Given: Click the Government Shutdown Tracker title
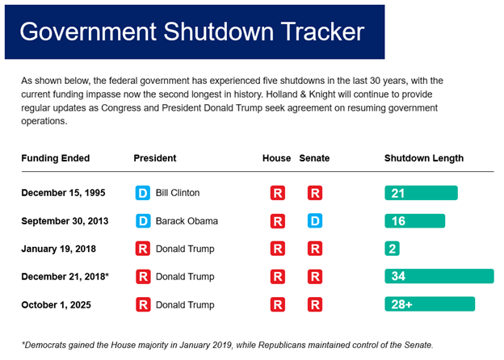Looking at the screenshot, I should pyautogui.click(x=191, y=31).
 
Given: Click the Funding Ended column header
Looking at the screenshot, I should pyautogui.click(x=55, y=158).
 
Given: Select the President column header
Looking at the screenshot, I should pyautogui.click(x=154, y=158).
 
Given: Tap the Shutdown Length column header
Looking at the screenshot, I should pyautogui.click(x=423, y=158).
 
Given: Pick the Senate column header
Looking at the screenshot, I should pyautogui.click(x=314, y=158).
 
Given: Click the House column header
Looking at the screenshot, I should pyautogui.click(x=276, y=158).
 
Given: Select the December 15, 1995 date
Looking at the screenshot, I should pyautogui.click(x=62, y=193).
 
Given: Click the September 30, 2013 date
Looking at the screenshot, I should pyautogui.click(x=64, y=220).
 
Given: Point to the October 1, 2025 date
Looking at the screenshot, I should pyautogui.click(x=54, y=304).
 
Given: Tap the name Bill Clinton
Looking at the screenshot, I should pyautogui.click(x=177, y=193).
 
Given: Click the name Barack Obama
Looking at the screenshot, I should pyautogui.click(x=186, y=220).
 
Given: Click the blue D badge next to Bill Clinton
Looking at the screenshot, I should pyautogui.click(x=142, y=193).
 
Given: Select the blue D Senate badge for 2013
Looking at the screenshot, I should pyautogui.click(x=315, y=220).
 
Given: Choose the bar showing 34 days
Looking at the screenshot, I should pyautogui.click(x=439, y=276).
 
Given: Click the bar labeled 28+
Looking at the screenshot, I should pyautogui.click(x=429, y=304).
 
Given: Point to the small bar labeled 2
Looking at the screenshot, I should pyautogui.click(x=392, y=249).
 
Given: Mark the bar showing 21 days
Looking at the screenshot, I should pyautogui.click(x=421, y=193).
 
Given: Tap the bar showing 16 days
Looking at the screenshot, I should pyautogui.click(x=414, y=220).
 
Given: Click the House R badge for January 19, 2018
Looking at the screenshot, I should pyautogui.click(x=277, y=249).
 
